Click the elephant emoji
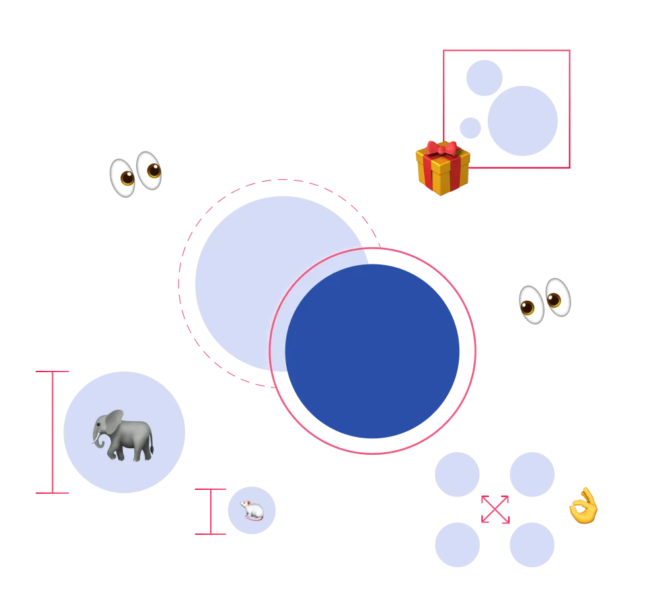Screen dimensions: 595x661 pyautogui.click(x=124, y=435)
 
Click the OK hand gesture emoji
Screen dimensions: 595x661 pyautogui.click(x=582, y=506)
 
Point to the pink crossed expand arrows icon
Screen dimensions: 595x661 pyautogui.click(x=495, y=509)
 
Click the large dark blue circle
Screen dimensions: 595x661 pyautogui.click(x=373, y=351)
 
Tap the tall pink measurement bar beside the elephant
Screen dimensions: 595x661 pyautogui.click(x=52, y=433)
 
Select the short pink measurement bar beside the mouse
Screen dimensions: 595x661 pyautogui.click(x=209, y=511)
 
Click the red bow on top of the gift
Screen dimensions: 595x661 pyautogui.click(x=442, y=148)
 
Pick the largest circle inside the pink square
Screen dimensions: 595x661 pyautogui.click(x=524, y=121)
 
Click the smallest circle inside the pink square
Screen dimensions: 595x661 pyautogui.click(x=468, y=128)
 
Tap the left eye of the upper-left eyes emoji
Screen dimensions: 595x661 pyautogui.click(x=123, y=177)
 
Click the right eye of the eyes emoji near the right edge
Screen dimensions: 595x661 pyautogui.click(x=557, y=297)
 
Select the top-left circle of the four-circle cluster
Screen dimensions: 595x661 pyautogui.click(x=457, y=473)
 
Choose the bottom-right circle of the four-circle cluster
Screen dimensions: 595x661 pyautogui.click(x=531, y=545)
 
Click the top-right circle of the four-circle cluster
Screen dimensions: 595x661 pyautogui.click(x=531, y=473)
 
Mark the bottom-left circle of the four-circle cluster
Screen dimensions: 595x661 pyautogui.click(x=457, y=545)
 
